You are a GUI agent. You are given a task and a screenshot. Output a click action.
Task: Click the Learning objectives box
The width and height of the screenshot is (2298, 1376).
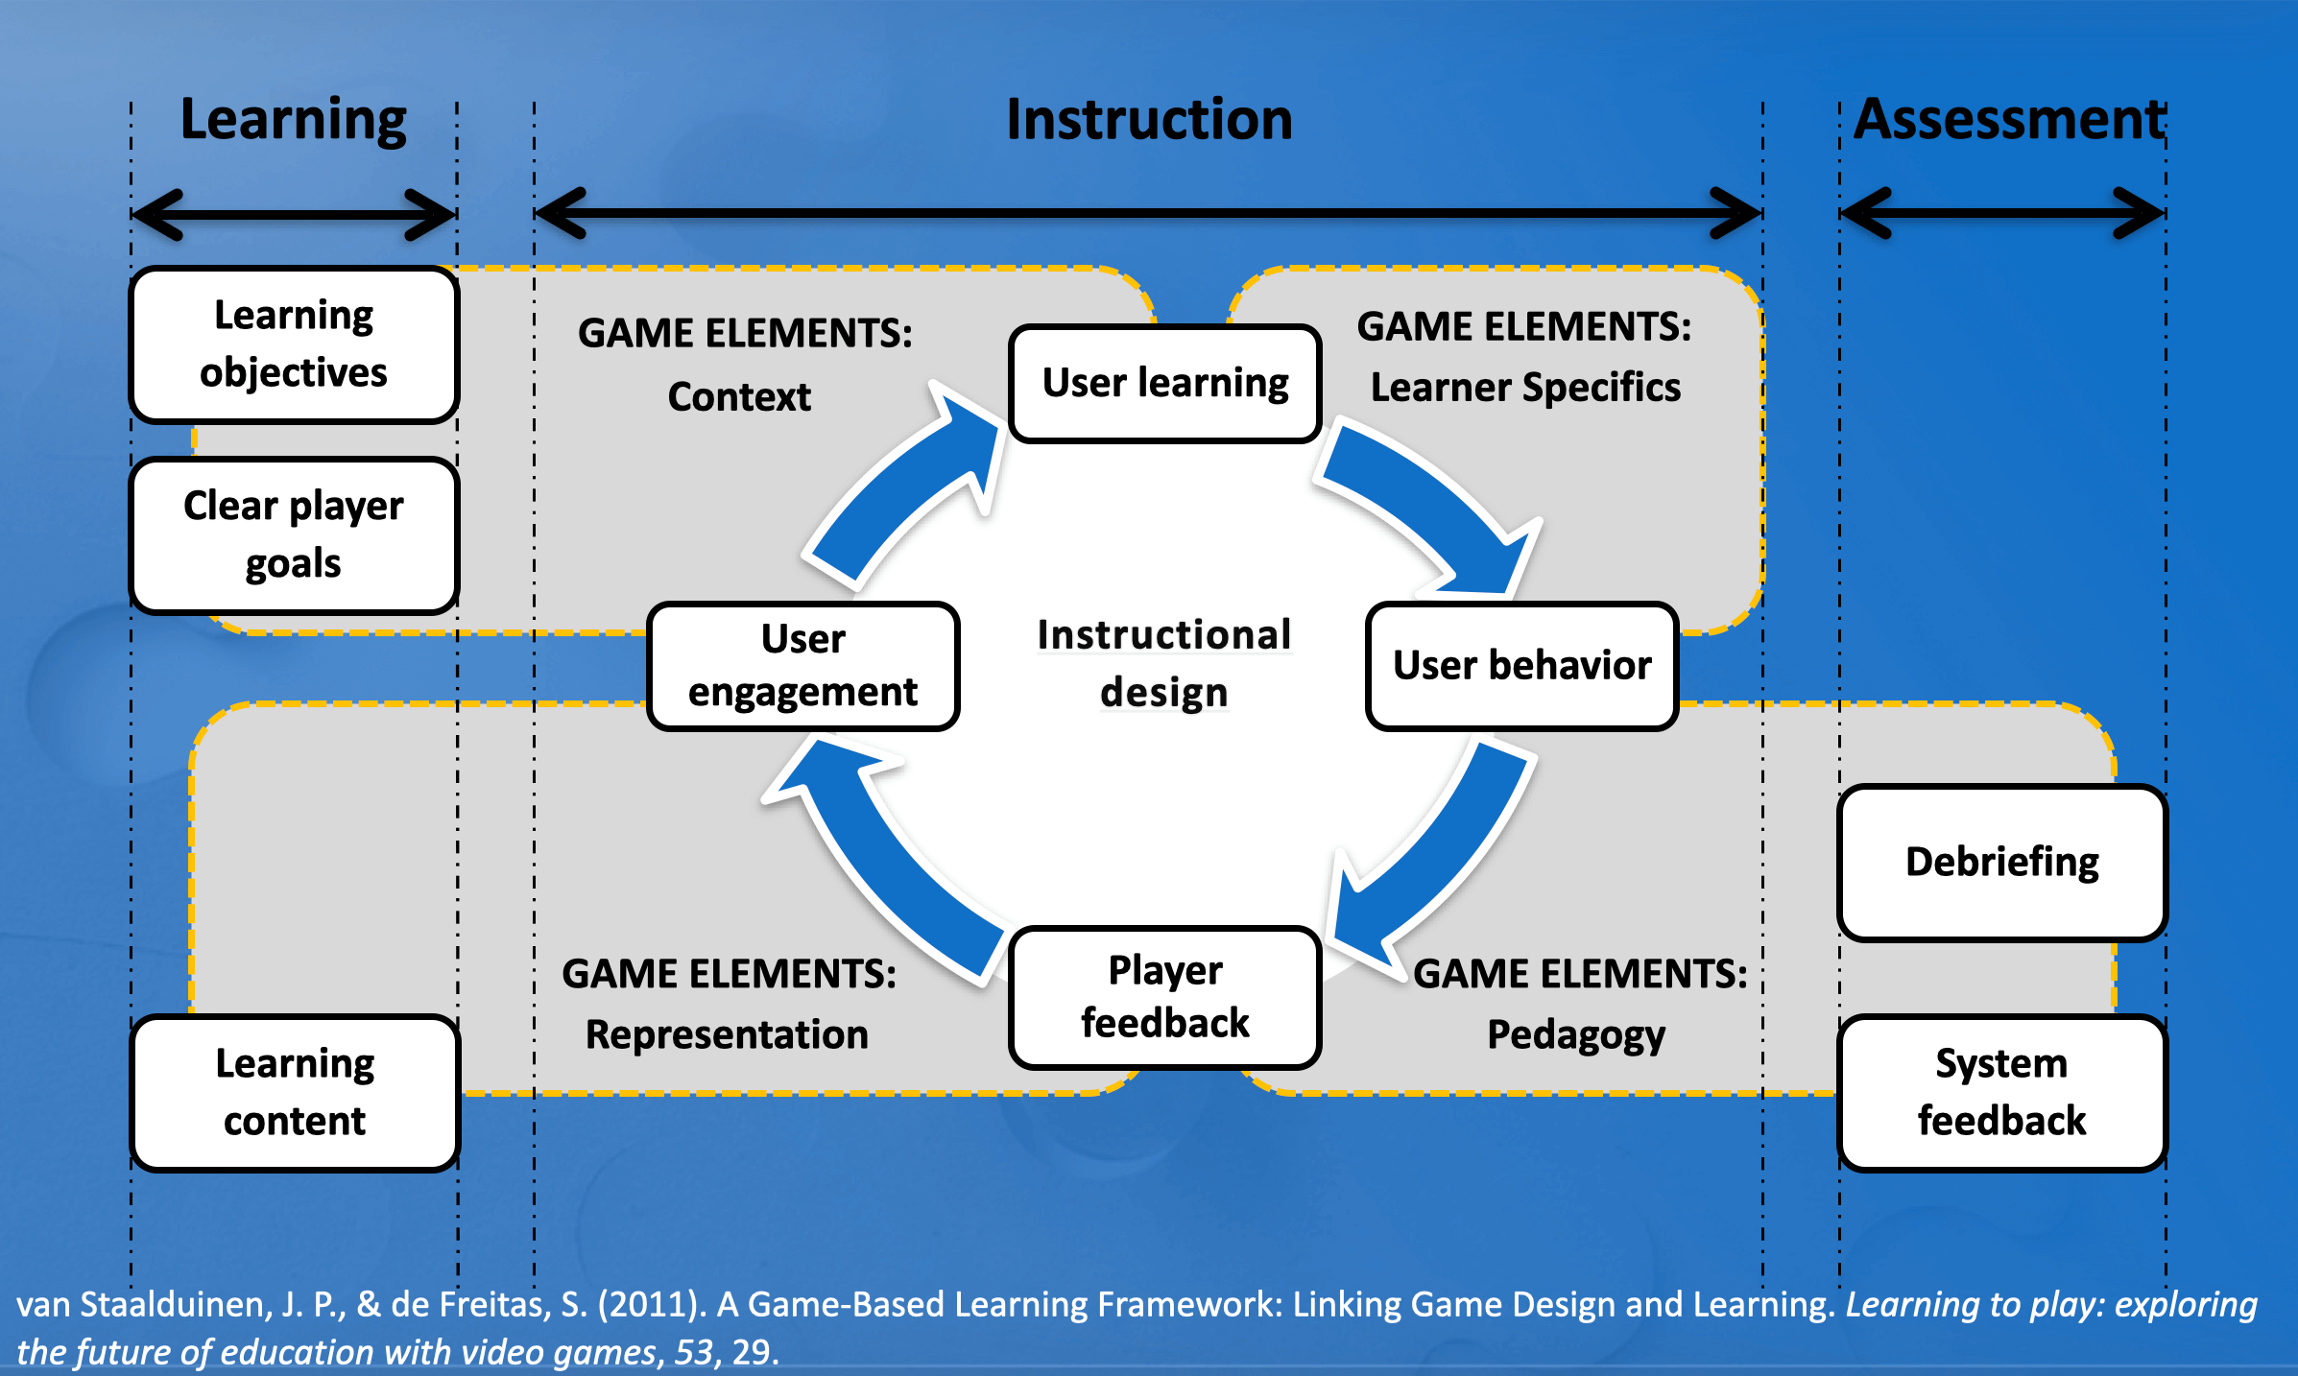point(294,344)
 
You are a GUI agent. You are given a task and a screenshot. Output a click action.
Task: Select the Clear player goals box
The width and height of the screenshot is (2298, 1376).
point(294,534)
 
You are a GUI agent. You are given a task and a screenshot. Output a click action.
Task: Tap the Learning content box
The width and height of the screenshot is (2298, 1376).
point(294,1092)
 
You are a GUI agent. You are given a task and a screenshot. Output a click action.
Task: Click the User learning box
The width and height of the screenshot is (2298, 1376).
point(1164,383)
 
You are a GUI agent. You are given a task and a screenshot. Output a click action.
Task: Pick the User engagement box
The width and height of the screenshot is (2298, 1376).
point(802,666)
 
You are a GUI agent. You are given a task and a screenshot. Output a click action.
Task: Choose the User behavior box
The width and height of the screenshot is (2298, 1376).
point(1521,666)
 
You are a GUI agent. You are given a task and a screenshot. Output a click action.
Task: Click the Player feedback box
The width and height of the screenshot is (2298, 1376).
point(1164,997)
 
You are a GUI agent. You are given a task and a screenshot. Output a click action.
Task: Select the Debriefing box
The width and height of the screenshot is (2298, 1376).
point(2001,862)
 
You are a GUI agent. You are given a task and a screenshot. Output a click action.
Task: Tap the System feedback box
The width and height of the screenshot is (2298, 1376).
point(2001,1092)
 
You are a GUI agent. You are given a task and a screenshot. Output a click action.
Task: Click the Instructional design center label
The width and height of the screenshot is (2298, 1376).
point(1163,664)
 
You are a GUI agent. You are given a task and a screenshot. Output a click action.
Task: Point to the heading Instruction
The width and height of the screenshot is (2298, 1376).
point(1149,120)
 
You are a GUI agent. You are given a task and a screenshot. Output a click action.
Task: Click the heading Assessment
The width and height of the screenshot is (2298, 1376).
point(2008,120)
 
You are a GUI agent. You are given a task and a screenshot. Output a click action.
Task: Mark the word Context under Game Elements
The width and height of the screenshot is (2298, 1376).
point(739,397)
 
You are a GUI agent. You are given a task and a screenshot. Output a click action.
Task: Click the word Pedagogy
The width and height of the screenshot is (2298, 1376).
point(1576,1035)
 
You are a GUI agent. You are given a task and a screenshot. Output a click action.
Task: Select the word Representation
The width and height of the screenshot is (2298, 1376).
point(727,1035)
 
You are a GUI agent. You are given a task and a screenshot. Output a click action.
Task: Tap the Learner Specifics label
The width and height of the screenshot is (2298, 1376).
point(1525,388)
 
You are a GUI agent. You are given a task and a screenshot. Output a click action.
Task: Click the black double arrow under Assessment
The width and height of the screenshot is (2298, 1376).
point(2002,213)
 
